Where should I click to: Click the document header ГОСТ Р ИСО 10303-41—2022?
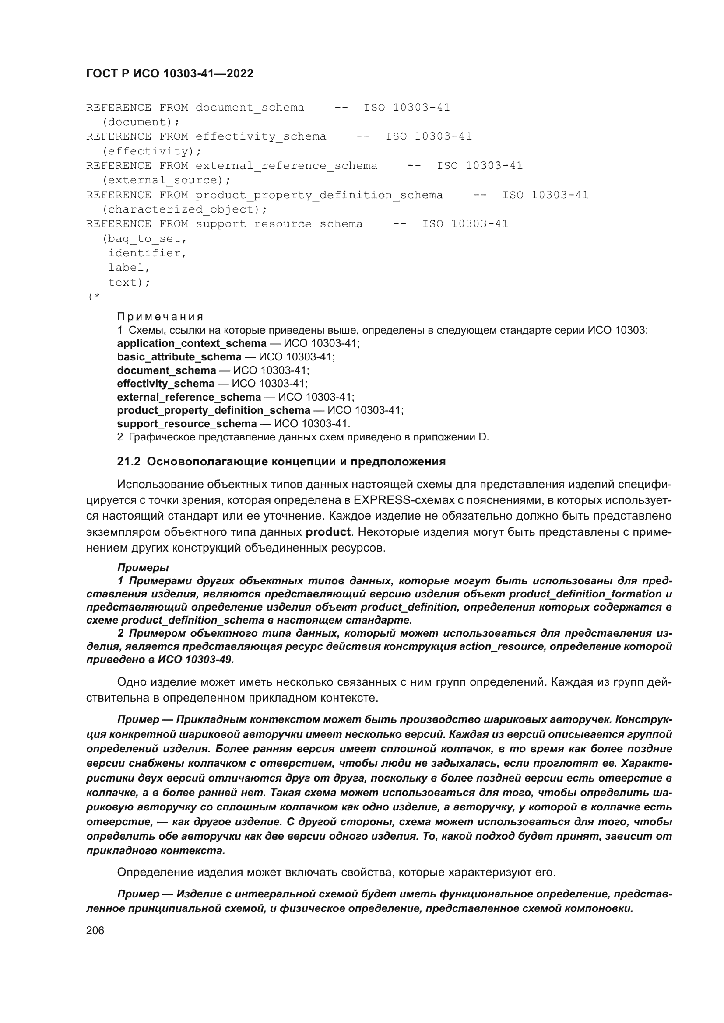pyautogui.click(x=169, y=73)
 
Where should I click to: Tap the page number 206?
pyautogui.click(x=95, y=930)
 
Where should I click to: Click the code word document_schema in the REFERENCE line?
pyautogui.click(x=250, y=108)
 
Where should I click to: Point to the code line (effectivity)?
pyautogui.click(x=151, y=151)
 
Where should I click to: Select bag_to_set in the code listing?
pyautogui.click(x=144, y=239)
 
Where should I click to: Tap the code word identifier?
pyautogui.click(x=147, y=253)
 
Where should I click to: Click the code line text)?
pyautogui.click(x=129, y=283)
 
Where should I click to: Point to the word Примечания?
pyautogui.click(x=160, y=317)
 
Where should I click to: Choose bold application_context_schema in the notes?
pyautogui.click(x=192, y=343)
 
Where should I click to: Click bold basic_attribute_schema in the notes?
pyautogui.click(x=179, y=357)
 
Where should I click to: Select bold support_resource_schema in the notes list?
pyautogui.click(x=187, y=424)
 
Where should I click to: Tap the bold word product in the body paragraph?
pyautogui.click(x=328, y=532)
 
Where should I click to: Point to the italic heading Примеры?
pyautogui.click(x=143, y=568)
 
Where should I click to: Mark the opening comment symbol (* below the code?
pyautogui.click(x=94, y=297)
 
